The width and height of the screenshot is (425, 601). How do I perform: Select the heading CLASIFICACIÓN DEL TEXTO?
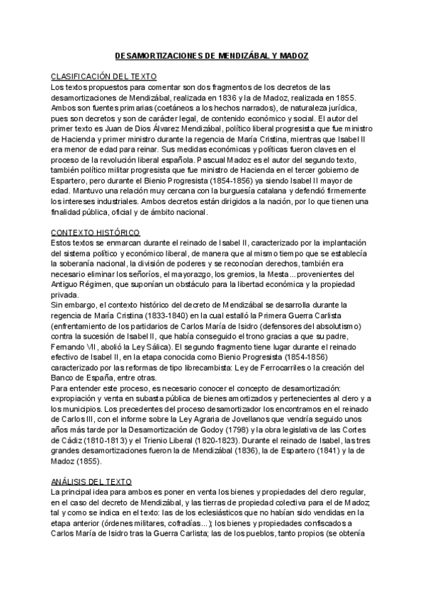pos(104,75)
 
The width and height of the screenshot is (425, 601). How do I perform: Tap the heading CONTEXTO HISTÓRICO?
pos(96,232)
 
